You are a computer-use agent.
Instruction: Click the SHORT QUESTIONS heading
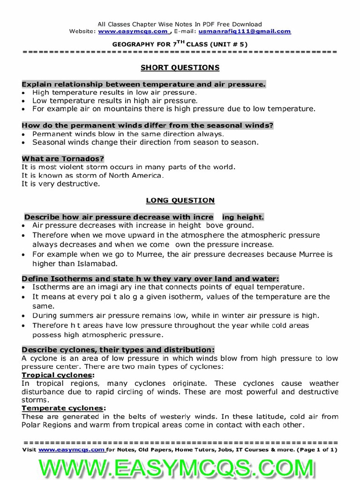click(x=180, y=67)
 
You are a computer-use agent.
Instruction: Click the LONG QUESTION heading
click(x=180, y=200)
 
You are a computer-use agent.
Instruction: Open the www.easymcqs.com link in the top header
click(x=133, y=31)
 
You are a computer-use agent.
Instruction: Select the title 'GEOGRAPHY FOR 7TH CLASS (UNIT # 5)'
click(x=180, y=44)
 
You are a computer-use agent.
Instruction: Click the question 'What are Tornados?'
click(x=63, y=159)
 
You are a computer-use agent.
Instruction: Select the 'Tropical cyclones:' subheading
click(x=58, y=375)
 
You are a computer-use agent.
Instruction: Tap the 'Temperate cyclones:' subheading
click(x=61, y=408)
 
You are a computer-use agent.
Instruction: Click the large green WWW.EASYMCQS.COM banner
click(x=180, y=467)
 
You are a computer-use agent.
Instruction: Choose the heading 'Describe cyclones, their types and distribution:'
click(x=118, y=350)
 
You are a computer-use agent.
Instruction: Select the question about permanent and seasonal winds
click(x=148, y=126)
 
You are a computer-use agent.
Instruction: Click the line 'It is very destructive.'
click(x=61, y=184)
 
